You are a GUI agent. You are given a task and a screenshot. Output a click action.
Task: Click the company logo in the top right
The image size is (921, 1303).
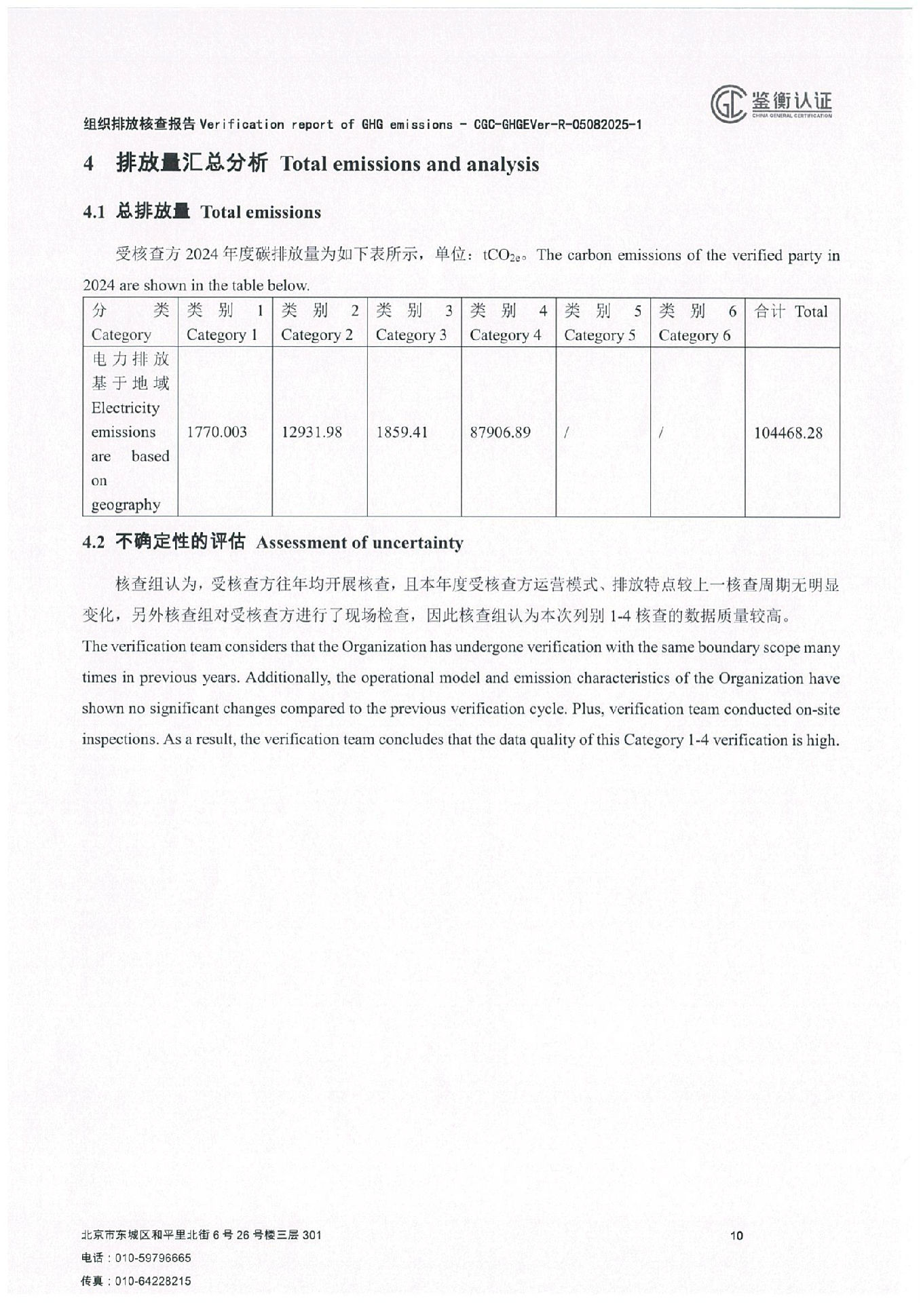pyautogui.click(x=771, y=104)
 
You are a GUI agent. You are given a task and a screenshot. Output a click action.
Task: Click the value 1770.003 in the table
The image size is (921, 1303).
pyautogui.click(x=217, y=432)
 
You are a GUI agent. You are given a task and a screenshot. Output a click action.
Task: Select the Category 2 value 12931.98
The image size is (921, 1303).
pyautogui.click(x=312, y=432)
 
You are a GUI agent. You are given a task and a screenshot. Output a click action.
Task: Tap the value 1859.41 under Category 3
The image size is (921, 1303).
pyautogui.click(x=402, y=432)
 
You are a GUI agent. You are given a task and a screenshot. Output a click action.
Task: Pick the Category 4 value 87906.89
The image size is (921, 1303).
pyautogui.click(x=500, y=432)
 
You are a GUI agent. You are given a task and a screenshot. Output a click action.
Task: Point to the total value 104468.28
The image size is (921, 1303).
pyautogui.click(x=788, y=433)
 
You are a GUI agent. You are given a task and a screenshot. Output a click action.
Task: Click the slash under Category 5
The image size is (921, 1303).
pyautogui.click(x=566, y=432)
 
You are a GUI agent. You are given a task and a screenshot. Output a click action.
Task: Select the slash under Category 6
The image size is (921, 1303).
pyautogui.click(x=660, y=432)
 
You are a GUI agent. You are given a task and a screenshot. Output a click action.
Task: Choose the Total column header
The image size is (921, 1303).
pyautogui.click(x=791, y=311)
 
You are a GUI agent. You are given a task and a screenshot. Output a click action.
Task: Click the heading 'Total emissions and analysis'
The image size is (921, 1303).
pyautogui.click(x=409, y=164)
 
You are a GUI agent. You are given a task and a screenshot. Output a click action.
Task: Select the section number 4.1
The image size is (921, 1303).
pyautogui.click(x=94, y=212)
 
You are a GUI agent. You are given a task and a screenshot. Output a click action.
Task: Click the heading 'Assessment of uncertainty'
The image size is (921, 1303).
pyautogui.click(x=360, y=543)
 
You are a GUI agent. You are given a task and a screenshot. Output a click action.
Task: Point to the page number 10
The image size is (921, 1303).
pyautogui.click(x=736, y=1235)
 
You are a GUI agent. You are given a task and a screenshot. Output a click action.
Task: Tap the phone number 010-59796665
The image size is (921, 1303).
pyautogui.click(x=153, y=1258)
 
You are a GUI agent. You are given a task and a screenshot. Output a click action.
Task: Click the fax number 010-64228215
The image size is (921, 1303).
pyautogui.click(x=153, y=1281)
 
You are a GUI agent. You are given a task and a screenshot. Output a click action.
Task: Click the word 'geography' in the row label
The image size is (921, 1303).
pyautogui.click(x=126, y=505)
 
